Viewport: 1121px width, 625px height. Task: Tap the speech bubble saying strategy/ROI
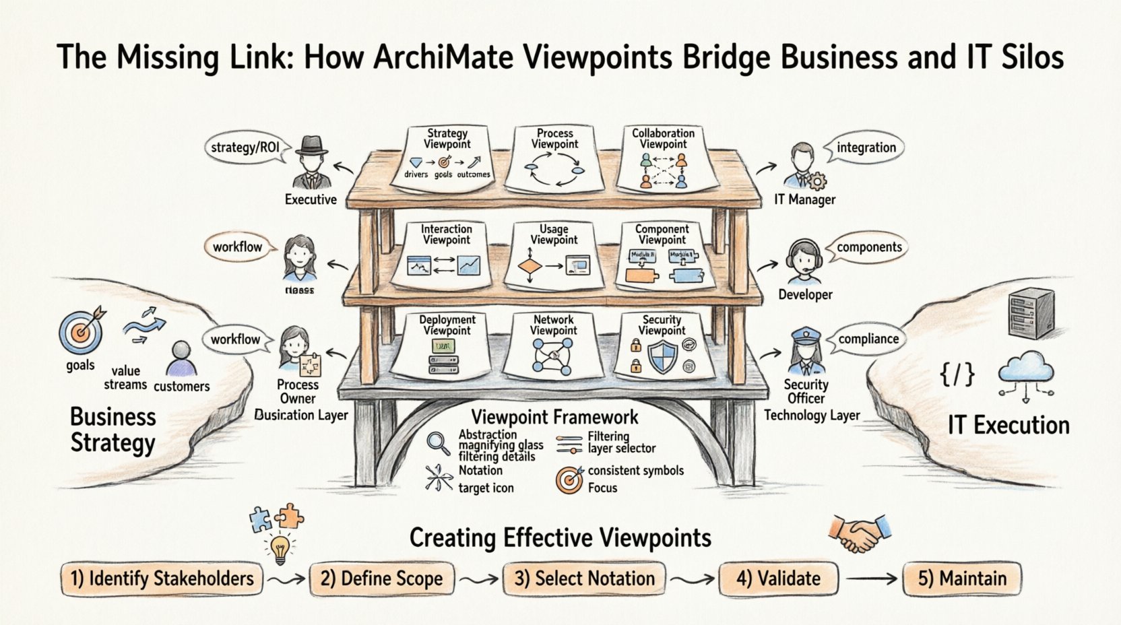point(245,147)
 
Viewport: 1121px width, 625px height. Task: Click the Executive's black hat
point(311,147)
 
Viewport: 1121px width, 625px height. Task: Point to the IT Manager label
point(804,199)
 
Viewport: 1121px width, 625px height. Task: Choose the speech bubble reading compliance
point(868,339)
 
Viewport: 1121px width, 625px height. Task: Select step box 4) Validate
point(778,579)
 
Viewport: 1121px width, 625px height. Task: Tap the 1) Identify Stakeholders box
point(162,579)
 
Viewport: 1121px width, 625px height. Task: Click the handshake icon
point(859,532)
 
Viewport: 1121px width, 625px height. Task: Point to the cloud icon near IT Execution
point(1026,374)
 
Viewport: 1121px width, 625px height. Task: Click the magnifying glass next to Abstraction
point(439,443)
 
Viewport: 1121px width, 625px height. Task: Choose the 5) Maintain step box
point(962,579)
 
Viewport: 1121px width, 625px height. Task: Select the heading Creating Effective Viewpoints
point(560,538)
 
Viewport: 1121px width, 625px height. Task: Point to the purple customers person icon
point(181,359)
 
